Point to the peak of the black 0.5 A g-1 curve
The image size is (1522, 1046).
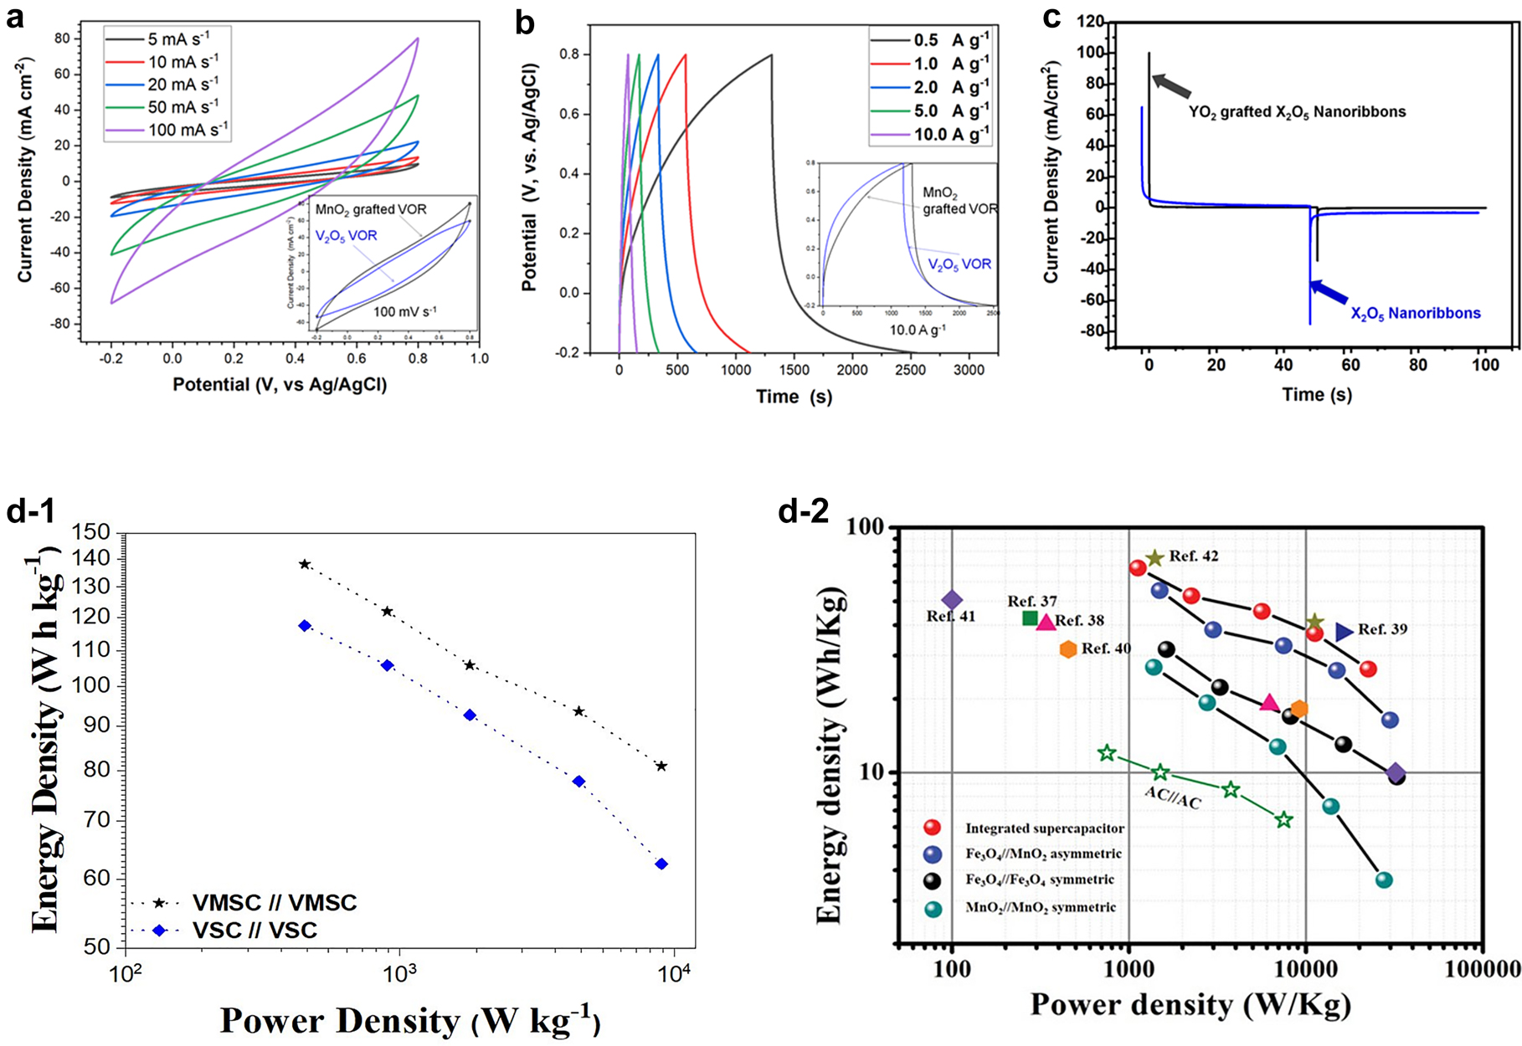click(x=771, y=55)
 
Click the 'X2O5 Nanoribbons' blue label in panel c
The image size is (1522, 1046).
click(x=1416, y=314)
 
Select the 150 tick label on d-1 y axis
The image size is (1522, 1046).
click(x=91, y=532)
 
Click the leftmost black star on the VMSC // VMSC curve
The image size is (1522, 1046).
click(x=305, y=564)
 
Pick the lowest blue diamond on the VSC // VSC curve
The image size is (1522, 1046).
click(x=661, y=864)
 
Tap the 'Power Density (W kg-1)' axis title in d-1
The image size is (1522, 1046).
click(x=409, y=1020)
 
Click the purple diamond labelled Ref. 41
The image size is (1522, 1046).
click(x=952, y=600)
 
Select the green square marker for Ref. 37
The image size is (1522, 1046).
click(x=1031, y=618)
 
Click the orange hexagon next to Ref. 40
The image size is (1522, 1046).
click(x=1067, y=649)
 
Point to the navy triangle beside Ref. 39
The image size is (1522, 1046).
click(x=1344, y=632)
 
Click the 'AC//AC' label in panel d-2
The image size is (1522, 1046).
click(x=1172, y=801)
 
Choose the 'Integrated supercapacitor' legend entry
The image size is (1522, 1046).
click(x=1044, y=828)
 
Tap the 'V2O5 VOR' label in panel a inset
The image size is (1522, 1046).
click(x=346, y=236)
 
